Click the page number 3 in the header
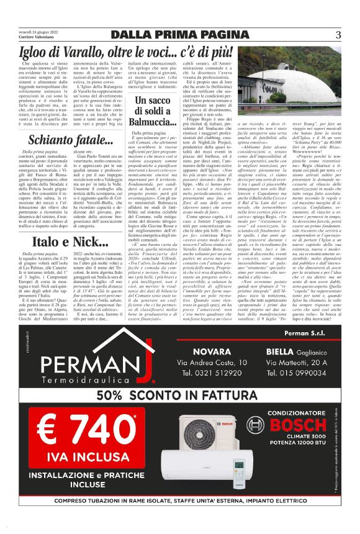tap(338, 34)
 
